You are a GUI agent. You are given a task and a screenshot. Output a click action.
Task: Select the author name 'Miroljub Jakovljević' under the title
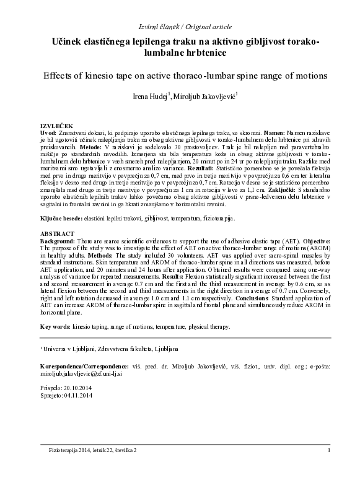click(x=200, y=97)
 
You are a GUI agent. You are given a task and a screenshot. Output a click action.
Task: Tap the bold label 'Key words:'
click(x=56, y=326)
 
